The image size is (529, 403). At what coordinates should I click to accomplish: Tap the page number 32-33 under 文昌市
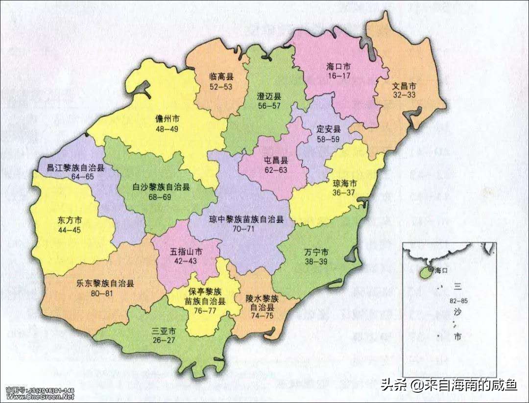404,95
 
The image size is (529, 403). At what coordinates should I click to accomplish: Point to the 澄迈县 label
269,96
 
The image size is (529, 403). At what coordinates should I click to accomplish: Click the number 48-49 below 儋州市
167,129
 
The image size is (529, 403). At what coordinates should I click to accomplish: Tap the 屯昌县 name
276,160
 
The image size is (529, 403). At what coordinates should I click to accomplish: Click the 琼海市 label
345,183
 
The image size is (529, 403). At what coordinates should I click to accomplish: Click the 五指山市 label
186,252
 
